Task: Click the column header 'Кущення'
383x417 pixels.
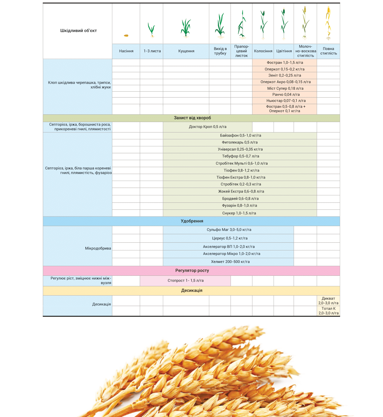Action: pyautogui.click(x=186, y=51)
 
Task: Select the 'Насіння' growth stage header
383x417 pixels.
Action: pyautogui.click(x=126, y=51)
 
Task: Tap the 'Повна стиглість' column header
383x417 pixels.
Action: pyautogui.click(x=328, y=51)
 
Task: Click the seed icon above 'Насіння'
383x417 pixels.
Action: pyautogui.click(x=126, y=36)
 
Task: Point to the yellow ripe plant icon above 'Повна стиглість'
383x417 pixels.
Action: pyautogui.click(x=328, y=23)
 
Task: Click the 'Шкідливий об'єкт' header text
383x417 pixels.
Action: pyautogui.click(x=78, y=31)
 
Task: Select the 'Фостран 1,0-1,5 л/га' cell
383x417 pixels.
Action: pyautogui.click(x=285, y=63)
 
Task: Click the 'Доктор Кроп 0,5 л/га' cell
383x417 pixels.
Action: pyautogui.click(x=208, y=127)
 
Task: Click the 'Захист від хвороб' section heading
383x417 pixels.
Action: pyautogui.click(x=192, y=118)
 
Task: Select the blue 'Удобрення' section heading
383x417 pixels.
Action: pyautogui.click(x=192, y=221)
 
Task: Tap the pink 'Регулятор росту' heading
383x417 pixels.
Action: pyautogui.click(x=192, y=271)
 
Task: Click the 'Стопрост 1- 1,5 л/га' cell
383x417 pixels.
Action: pyautogui.click(x=186, y=281)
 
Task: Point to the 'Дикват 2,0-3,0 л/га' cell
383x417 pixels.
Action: pyautogui.click(x=328, y=301)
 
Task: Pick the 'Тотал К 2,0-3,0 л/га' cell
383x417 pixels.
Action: pyautogui.click(x=328, y=311)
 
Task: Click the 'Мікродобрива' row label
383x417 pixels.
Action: pyautogui.click(x=98, y=248)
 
